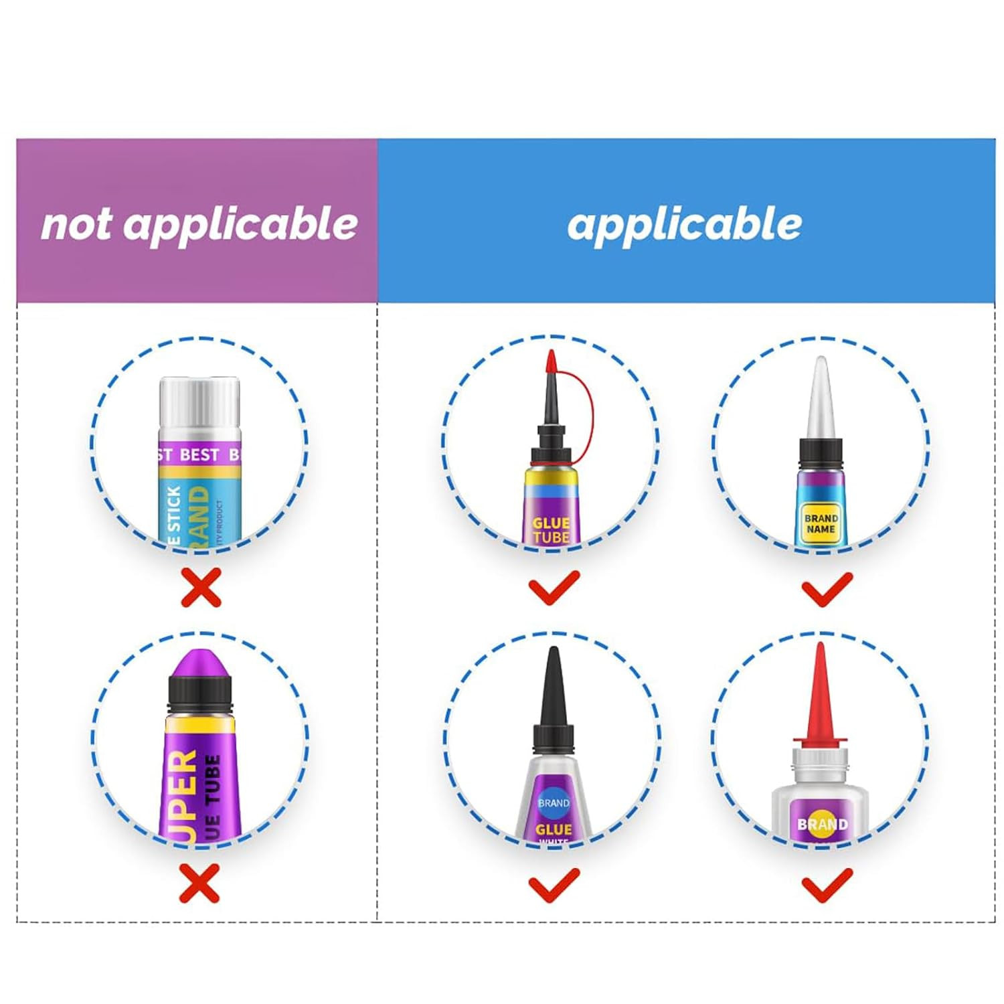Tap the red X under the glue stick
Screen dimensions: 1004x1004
click(x=201, y=588)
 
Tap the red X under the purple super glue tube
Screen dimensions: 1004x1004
click(x=199, y=883)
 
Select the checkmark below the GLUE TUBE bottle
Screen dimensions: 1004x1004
click(x=554, y=588)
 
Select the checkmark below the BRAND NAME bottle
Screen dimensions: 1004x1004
click(x=827, y=589)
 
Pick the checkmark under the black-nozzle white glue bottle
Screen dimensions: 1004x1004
click(x=554, y=884)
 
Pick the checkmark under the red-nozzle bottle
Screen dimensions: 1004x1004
click(x=827, y=884)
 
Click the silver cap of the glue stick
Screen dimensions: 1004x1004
click(x=199, y=405)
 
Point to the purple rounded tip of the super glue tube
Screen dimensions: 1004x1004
click(x=199, y=665)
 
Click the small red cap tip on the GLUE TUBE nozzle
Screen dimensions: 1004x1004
click(x=552, y=362)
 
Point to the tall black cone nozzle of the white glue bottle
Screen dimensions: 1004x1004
click(x=554, y=689)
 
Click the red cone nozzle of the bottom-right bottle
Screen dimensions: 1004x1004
click(x=821, y=693)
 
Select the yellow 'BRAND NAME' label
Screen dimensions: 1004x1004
click(x=821, y=523)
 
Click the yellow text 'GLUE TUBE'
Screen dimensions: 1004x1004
click(x=551, y=530)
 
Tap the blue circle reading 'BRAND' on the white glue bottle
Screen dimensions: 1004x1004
click(x=554, y=803)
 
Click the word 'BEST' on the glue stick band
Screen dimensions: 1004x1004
click(x=199, y=455)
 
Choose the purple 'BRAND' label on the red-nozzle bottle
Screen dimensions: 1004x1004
click(x=822, y=823)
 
